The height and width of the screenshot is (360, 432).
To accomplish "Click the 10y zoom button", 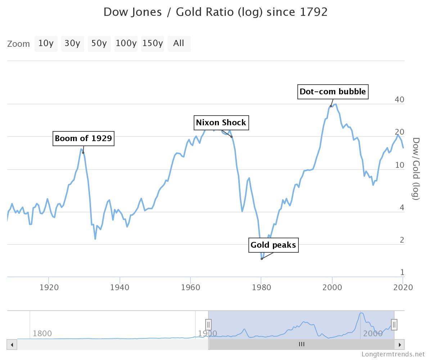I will pyautogui.click(x=46, y=44).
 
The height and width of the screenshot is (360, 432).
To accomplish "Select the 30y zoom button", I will pyautogui.click(x=72, y=44).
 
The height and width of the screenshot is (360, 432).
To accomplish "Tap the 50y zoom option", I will pyautogui.click(x=99, y=44).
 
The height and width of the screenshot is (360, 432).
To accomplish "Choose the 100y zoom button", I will pyautogui.click(x=126, y=44).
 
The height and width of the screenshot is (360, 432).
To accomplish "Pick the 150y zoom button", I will pyautogui.click(x=152, y=44).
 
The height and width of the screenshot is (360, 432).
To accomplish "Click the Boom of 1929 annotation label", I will pyautogui.click(x=84, y=138).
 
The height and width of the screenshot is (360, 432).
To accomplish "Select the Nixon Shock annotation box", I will pyautogui.click(x=221, y=122).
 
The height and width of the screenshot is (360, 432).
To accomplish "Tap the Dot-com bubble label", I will pyautogui.click(x=333, y=91).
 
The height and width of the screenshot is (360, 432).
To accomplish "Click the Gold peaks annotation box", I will pyautogui.click(x=273, y=245).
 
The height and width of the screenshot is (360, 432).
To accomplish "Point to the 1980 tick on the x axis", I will pyautogui.click(x=261, y=287).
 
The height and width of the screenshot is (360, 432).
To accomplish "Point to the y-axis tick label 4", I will pyautogui.click(x=402, y=208).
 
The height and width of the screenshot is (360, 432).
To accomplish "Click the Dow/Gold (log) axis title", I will pyautogui.click(x=416, y=168).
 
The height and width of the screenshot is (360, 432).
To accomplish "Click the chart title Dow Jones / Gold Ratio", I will pyautogui.click(x=215, y=12).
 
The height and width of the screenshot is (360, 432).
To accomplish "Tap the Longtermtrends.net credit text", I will pyautogui.click(x=393, y=354).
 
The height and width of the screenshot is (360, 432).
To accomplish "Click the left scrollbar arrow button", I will pyautogui.click(x=12, y=345).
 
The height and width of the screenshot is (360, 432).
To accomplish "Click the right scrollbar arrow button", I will pyautogui.click(x=400, y=345).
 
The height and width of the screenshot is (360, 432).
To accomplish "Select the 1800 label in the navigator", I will pyautogui.click(x=42, y=333).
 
